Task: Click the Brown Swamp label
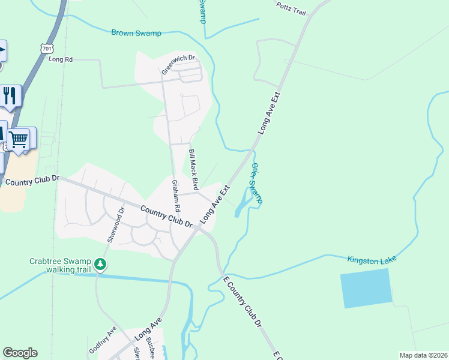pos(136,33)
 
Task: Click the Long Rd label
pos(61,59)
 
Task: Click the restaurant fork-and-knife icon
pos(10,95)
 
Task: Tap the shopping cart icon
pos(19,139)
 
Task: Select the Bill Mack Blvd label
pos(193,169)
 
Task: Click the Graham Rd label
pos(175,194)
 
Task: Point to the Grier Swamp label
pos(256,182)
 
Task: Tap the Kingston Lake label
pos(372,259)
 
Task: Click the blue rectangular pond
pos(366,288)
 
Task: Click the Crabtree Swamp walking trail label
pos(60,266)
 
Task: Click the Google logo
pos(20,353)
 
